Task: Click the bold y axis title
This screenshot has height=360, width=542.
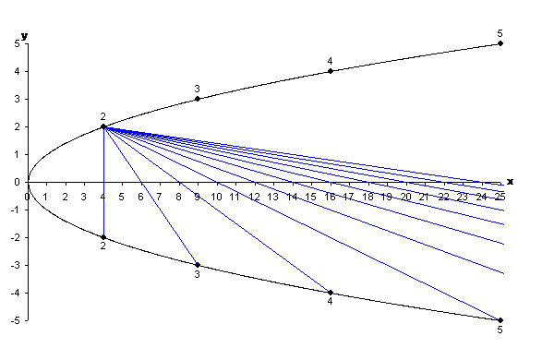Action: coord(25,35)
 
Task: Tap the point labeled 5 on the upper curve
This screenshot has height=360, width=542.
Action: coord(500,43)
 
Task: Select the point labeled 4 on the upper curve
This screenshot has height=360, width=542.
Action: coord(330,71)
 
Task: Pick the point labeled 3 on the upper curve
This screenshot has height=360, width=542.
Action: coord(198,99)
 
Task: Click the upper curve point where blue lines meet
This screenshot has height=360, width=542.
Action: coord(103,126)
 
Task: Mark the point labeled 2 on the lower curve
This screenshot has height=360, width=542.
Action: coord(103,237)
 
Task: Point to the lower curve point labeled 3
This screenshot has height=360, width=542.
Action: coord(198,265)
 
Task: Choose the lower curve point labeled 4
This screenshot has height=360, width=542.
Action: coord(330,293)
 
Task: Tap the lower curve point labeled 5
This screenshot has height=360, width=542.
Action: coord(500,320)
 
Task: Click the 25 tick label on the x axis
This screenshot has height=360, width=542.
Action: coord(500,197)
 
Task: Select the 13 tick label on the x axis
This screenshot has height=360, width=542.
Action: coord(273,197)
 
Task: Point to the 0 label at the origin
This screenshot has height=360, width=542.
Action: coord(28,197)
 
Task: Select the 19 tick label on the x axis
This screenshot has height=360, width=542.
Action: coord(387,197)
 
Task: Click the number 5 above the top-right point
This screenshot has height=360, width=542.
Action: coord(500,32)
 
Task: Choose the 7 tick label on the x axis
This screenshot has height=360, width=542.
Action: coord(160,197)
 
